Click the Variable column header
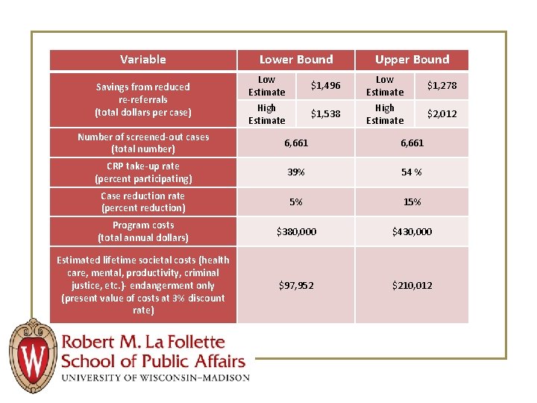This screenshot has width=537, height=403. click(x=143, y=60)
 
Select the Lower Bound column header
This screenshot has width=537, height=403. click(x=296, y=60)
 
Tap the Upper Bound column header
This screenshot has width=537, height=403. click(x=412, y=60)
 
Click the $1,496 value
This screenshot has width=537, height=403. click(x=325, y=86)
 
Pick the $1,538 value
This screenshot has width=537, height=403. click(x=325, y=114)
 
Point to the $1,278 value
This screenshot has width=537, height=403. click(x=442, y=86)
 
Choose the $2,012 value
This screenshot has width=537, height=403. click(x=442, y=114)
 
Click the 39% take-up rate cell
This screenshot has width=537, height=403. click(x=296, y=172)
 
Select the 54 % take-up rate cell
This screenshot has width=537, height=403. click(x=412, y=172)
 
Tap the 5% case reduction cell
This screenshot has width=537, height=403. click(x=296, y=202)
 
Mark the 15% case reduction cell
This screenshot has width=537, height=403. click(x=412, y=202)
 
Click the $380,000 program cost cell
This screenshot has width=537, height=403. click(x=296, y=232)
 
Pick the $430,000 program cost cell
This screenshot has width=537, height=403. click(x=412, y=232)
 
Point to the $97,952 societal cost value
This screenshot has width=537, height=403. click(x=296, y=285)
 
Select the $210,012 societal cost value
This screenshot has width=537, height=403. click(x=412, y=285)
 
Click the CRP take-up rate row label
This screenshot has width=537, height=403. click(x=143, y=172)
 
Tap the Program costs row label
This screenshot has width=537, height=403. click(x=143, y=231)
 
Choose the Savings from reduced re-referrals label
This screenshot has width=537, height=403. click(x=143, y=99)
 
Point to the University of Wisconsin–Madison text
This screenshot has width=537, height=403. click(x=155, y=378)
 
